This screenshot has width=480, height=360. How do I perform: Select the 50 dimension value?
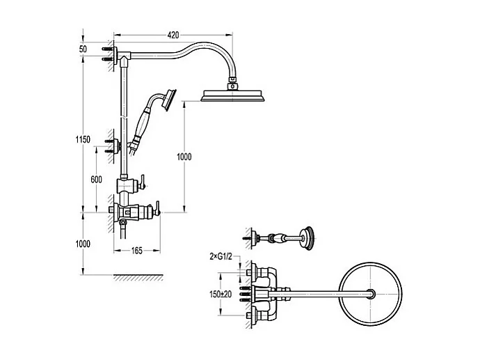[83, 49]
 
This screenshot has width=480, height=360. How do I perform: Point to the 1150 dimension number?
[83, 139]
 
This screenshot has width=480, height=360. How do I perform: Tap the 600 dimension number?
[97, 179]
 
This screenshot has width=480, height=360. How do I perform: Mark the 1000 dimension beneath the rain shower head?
[184, 157]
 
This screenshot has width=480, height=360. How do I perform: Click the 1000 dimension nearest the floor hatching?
[83, 244]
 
